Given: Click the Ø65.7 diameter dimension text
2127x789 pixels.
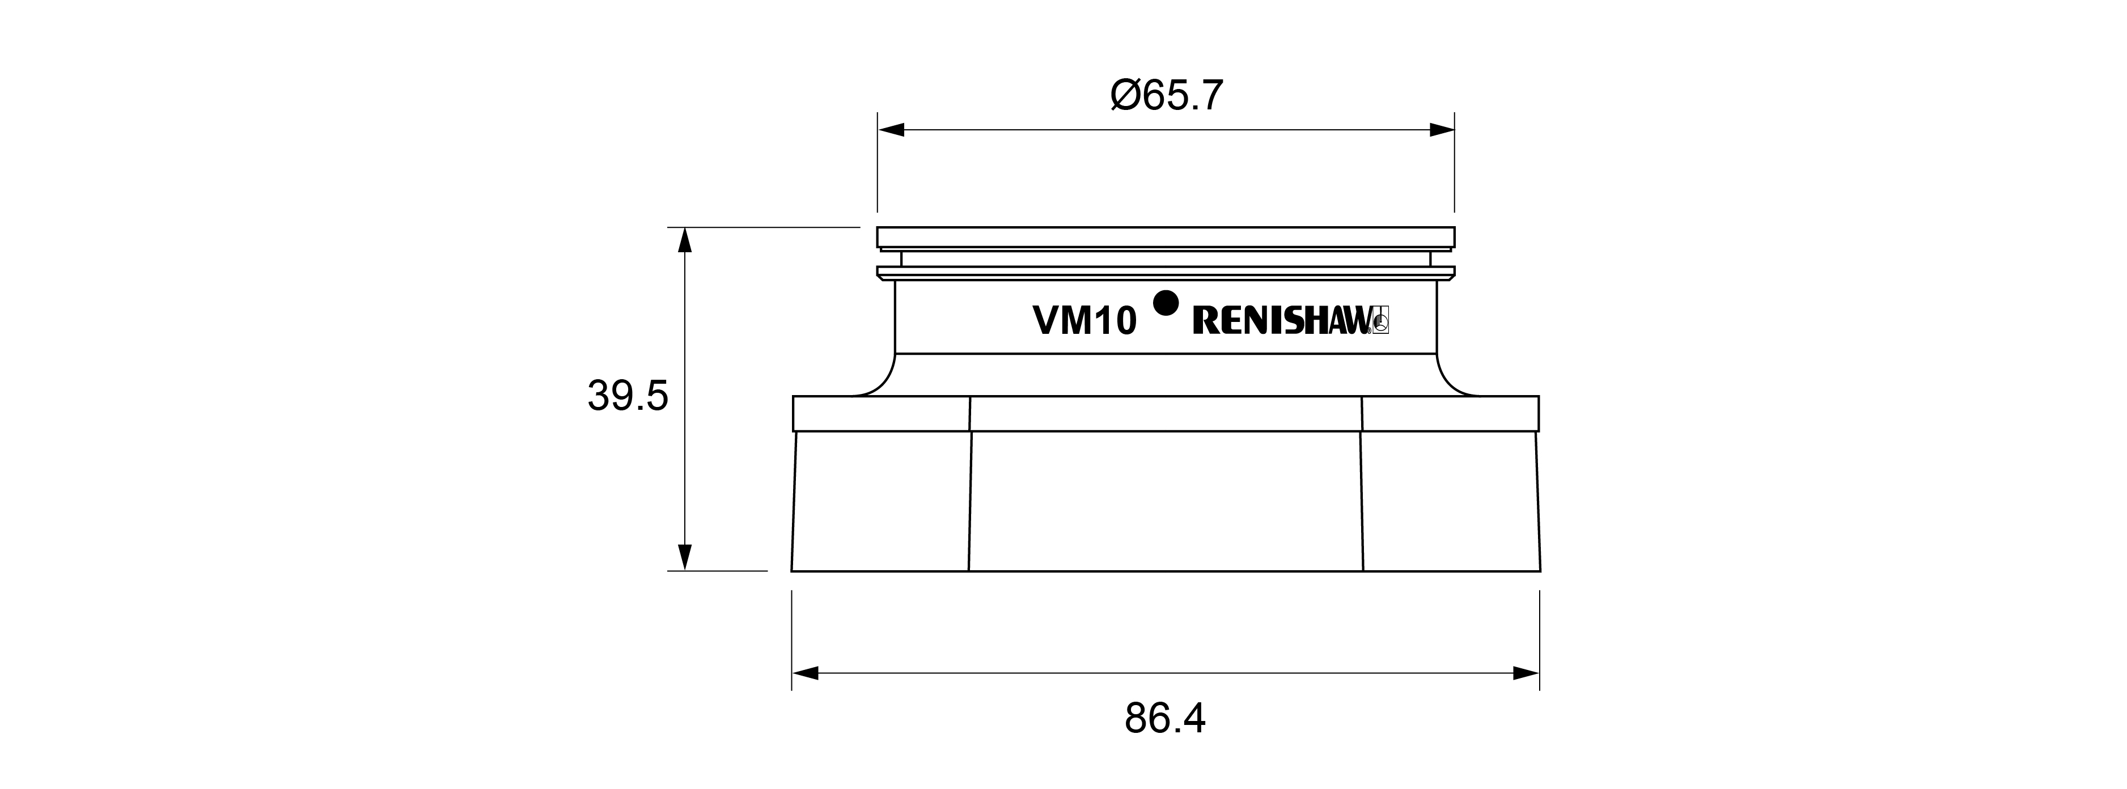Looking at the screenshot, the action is tap(1166, 96).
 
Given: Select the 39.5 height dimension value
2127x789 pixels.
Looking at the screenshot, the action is tap(628, 396).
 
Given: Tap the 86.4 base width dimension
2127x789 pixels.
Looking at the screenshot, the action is tap(1165, 719).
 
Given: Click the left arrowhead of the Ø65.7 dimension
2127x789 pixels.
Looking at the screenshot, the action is tap(891, 130).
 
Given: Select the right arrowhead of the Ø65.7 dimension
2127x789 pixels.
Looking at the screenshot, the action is tap(1442, 130).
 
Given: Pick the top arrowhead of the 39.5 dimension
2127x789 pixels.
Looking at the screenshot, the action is tap(684, 240).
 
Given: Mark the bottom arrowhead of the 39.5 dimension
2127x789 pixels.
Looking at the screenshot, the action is tap(684, 557).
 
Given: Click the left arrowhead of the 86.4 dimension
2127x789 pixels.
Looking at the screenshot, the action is tap(805, 673).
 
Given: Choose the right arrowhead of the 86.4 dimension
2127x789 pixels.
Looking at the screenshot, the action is tap(1527, 673).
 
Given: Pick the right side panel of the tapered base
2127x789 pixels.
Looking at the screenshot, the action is tap(1450, 500).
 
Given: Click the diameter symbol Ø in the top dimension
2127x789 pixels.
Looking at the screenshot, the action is tap(1125, 96).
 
